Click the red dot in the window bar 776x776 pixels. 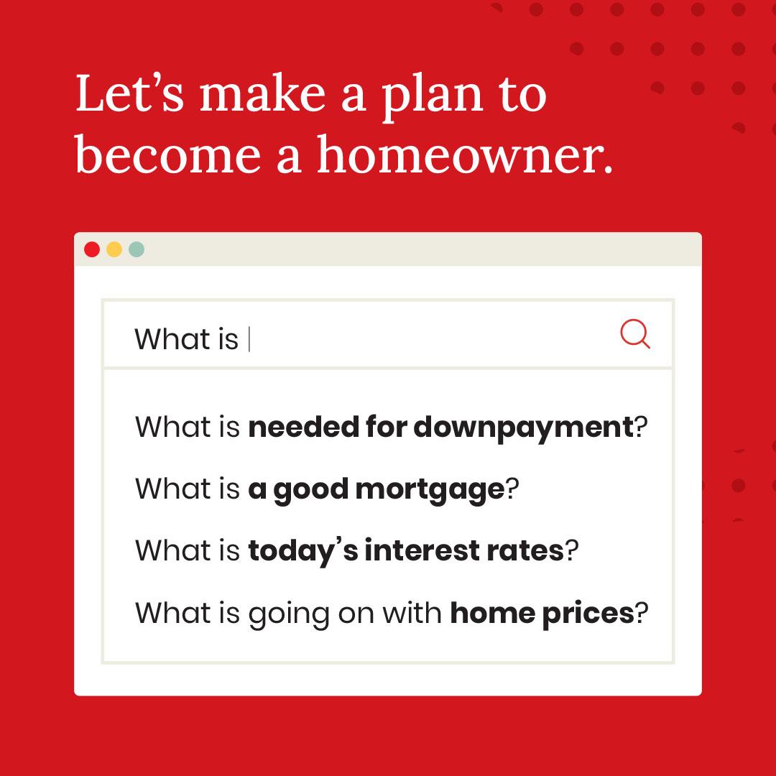tap(92, 250)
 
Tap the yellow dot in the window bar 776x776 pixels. tap(114, 250)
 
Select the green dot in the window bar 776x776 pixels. tap(137, 250)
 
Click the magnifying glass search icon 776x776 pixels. tap(634, 334)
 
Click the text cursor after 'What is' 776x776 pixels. tap(249, 339)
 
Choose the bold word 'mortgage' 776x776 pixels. tap(430, 491)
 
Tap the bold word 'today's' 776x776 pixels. tap(302, 551)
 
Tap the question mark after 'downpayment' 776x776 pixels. tap(641, 428)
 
